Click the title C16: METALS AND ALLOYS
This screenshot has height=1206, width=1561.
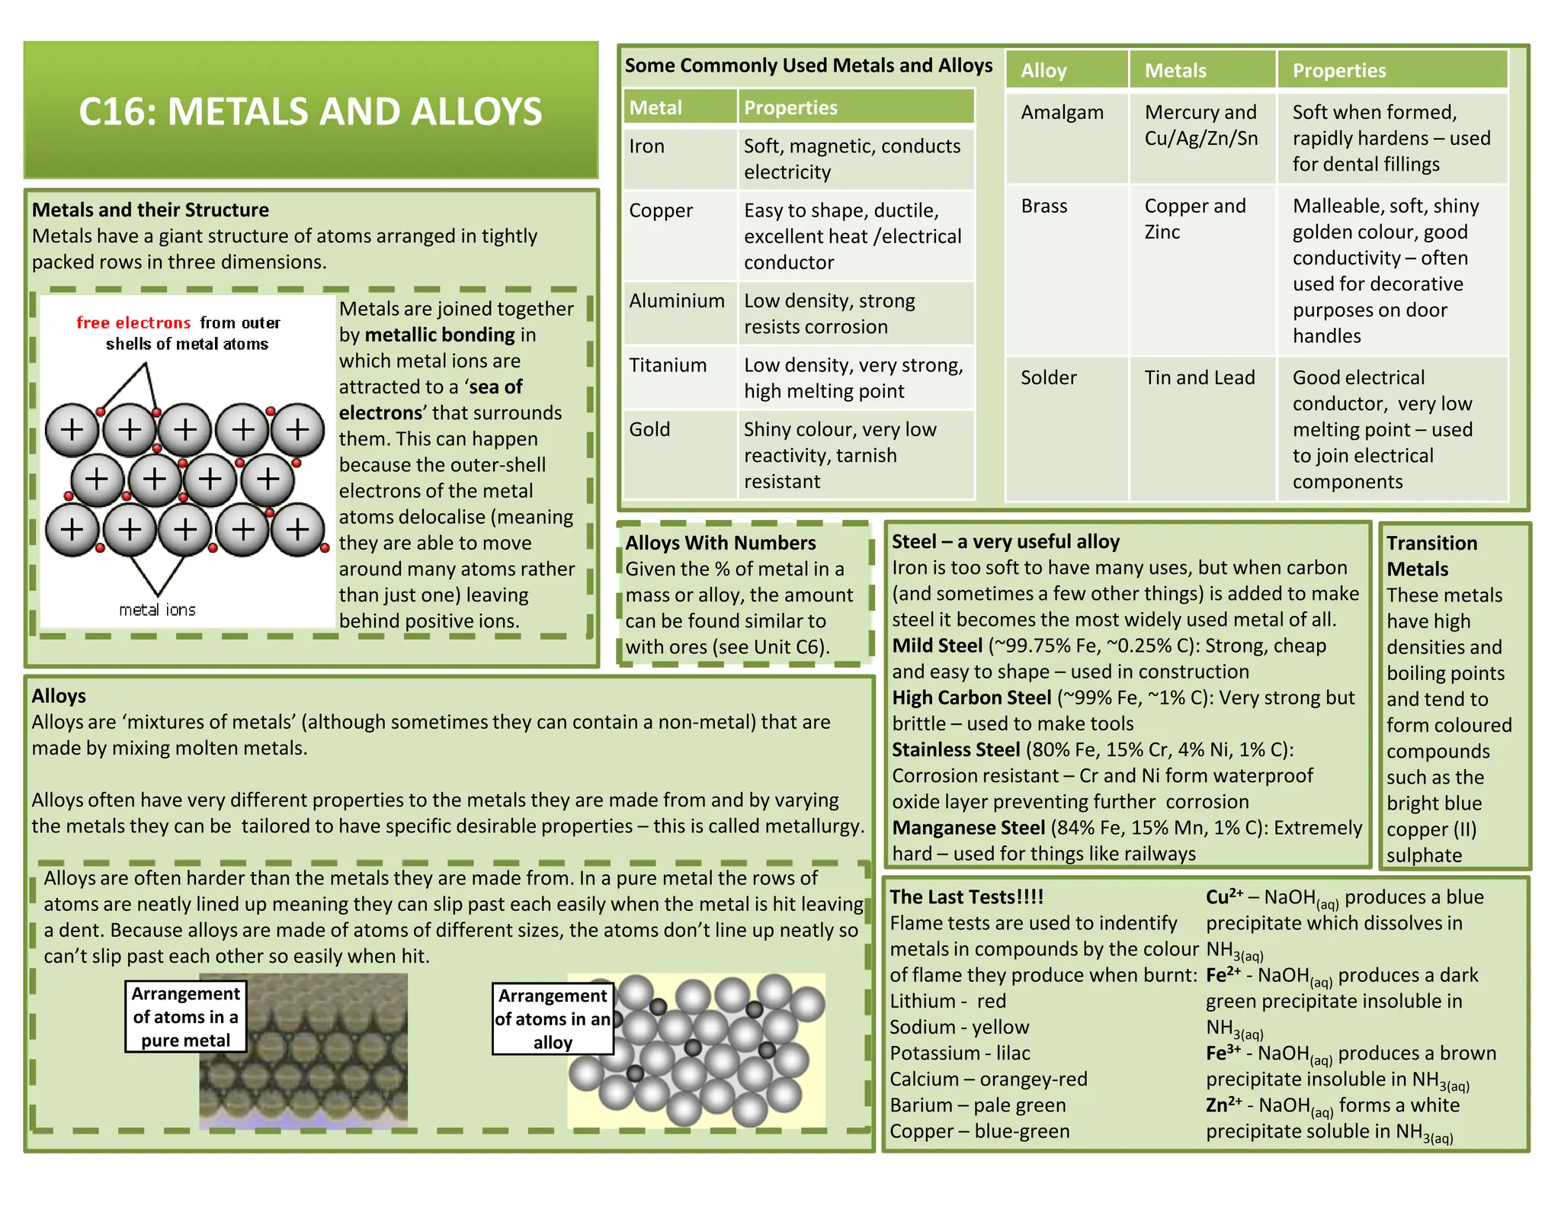pyautogui.click(x=310, y=111)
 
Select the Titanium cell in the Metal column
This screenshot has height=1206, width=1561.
pyautogui.click(x=668, y=365)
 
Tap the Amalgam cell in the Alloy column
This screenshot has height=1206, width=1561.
pyautogui.click(x=1062, y=113)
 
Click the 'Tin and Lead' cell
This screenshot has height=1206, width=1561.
pyautogui.click(x=1199, y=377)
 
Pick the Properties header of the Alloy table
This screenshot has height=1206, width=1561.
pyautogui.click(x=1338, y=71)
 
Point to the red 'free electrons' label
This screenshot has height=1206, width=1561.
pyautogui.click(x=133, y=322)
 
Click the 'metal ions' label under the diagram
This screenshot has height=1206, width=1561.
pyautogui.click(x=157, y=610)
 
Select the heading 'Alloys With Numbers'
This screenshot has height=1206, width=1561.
pyautogui.click(x=720, y=543)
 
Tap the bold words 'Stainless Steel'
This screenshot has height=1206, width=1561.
pyautogui.click(x=956, y=749)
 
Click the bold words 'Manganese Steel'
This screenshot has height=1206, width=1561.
pyautogui.click(x=968, y=828)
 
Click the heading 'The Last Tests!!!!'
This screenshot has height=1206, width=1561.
pyautogui.click(x=966, y=896)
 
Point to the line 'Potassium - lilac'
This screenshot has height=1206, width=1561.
pyautogui.click(x=960, y=1053)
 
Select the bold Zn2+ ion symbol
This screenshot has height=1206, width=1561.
pyautogui.click(x=1223, y=1105)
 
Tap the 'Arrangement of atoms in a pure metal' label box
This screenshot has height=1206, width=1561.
pyautogui.click(x=185, y=1017)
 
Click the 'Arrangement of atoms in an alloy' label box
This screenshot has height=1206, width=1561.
pyautogui.click(x=553, y=1018)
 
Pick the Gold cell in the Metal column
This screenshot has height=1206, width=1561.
pyautogui.click(x=649, y=429)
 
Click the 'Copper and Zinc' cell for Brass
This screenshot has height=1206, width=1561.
pyautogui.click(x=1194, y=219)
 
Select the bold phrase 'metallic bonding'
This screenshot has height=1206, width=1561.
pyautogui.click(x=440, y=335)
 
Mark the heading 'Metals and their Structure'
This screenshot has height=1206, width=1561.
pyautogui.click(x=150, y=210)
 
